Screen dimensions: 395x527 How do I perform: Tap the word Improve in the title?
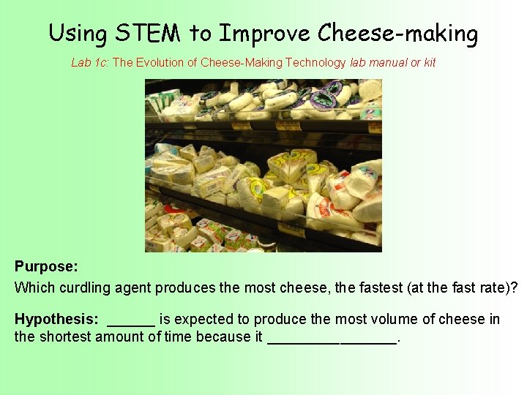[266, 34]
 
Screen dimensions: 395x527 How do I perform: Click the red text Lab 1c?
[89, 63]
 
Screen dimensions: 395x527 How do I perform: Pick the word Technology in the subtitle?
[315, 63]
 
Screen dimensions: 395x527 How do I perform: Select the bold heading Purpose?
[46, 268]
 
